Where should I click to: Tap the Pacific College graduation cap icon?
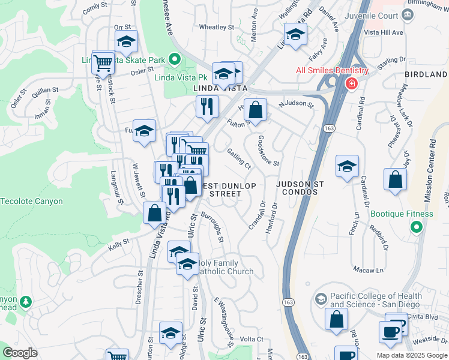321,298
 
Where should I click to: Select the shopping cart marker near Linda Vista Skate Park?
103,62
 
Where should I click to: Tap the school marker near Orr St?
126,42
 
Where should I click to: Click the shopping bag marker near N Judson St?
256,110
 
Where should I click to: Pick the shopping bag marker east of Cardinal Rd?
396,180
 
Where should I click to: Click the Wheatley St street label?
216,27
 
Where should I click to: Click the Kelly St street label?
119,243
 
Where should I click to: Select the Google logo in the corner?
20,353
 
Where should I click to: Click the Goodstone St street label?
268,150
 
